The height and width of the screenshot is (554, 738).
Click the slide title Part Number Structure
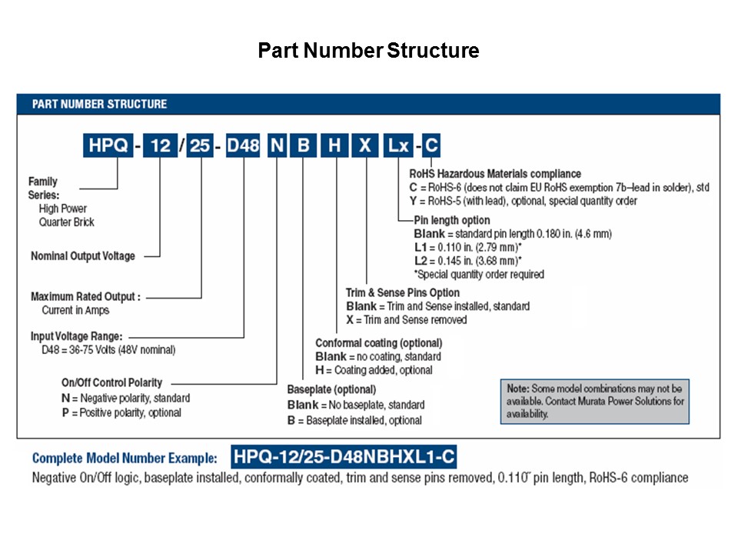(368, 51)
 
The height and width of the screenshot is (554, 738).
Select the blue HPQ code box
(107, 145)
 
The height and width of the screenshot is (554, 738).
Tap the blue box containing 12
(161, 145)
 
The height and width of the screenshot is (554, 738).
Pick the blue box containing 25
(201, 145)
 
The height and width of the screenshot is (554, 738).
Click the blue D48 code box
(244, 145)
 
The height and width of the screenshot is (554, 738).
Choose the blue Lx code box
(398, 145)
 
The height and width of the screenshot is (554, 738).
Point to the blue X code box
(366, 145)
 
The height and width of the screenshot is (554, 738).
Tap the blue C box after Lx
(432, 145)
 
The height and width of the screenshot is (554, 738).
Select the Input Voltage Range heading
(77, 336)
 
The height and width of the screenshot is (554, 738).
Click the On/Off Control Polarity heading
(111, 383)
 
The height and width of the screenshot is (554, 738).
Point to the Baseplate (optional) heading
(331, 389)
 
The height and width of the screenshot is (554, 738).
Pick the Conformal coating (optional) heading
(378, 342)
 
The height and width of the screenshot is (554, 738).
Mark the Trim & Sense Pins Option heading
(403, 292)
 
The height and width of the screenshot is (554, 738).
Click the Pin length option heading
(451, 220)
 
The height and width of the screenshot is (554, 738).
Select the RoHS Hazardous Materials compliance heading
(495, 174)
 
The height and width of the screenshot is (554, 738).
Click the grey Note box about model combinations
(593, 400)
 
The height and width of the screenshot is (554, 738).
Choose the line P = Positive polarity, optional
(121, 412)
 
